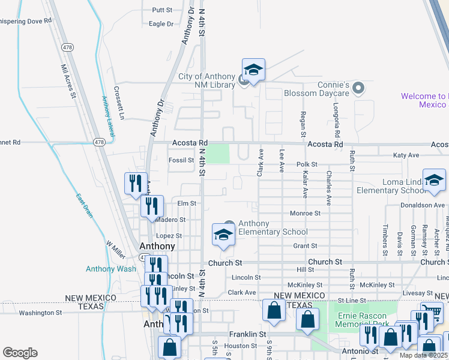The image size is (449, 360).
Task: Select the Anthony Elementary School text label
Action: (273, 228)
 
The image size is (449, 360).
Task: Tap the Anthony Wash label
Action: (111, 269)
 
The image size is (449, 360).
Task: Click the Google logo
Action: (20, 353)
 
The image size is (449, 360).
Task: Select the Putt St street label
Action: (162, 10)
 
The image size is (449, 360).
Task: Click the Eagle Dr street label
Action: (161, 24)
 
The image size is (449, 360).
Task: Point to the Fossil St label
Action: (181, 160)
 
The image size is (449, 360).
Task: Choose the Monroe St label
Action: (306, 213)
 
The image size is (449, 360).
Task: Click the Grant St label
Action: (305, 246)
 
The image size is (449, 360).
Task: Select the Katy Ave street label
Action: (406, 155)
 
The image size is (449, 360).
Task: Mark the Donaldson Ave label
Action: (423, 205)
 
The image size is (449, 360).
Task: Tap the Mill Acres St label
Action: (68, 82)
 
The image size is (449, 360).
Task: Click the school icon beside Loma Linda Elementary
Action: (434, 180)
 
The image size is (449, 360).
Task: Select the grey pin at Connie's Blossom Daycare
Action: (358, 89)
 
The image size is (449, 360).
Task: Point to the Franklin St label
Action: (247, 334)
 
